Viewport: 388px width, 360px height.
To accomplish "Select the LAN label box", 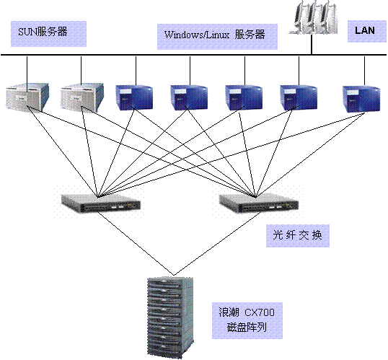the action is (x=367, y=31).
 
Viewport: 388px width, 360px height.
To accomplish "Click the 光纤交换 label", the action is (x=298, y=236).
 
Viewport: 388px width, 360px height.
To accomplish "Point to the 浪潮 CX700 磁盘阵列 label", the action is (x=247, y=320).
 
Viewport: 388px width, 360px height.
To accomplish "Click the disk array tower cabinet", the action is (x=170, y=317).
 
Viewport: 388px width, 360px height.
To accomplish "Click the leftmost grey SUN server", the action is (x=27, y=97).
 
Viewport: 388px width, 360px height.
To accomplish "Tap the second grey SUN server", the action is (x=82, y=97).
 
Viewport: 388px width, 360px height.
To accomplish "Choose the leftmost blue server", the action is (x=134, y=98).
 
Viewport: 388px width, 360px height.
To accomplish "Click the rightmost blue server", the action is (x=361, y=99).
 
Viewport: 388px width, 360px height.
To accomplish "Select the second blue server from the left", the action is (x=189, y=98).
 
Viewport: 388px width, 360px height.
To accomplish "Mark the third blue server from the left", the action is (x=244, y=98).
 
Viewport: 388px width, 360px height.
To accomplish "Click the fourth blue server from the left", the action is (x=299, y=98).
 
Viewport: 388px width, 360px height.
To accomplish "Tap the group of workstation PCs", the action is (x=313, y=17).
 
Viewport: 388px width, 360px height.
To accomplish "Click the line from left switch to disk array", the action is (x=136, y=243).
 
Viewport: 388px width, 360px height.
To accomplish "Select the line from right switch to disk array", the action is (x=218, y=243).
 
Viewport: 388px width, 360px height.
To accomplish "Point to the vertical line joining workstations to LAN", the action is (x=312, y=44).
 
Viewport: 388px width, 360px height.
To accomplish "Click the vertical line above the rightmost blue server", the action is (x=364, y=71).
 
